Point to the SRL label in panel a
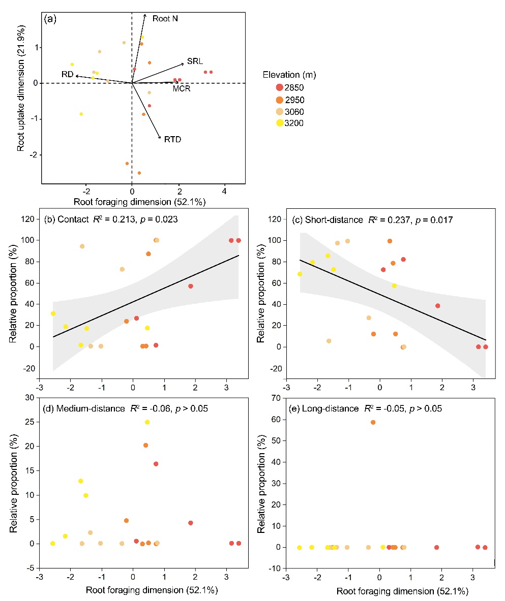coord(194,61)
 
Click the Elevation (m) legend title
coord(289,75)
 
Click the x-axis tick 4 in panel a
coord(224,192)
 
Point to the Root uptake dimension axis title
coord(21,98)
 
